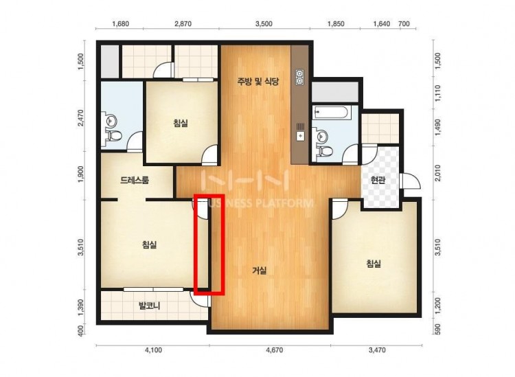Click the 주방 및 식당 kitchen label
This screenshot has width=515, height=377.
click(x=258, y=81)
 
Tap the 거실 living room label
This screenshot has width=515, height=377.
click(x=260, y=271)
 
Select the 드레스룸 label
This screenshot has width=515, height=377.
click(x=135, y=180)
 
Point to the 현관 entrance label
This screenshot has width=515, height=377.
click(x=378, y=180)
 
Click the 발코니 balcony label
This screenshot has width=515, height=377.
click(x=150, y=306)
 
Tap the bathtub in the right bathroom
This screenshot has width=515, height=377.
click(x=331, y=113)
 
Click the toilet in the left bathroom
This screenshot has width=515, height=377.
click(x=114, y=135)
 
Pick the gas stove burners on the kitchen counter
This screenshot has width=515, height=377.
click(x=299, y=78)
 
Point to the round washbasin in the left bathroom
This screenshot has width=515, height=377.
click(x=112, y=120)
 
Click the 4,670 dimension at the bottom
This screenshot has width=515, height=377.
click(x=274, y=350)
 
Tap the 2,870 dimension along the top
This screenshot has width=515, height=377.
click(x=183, y=23)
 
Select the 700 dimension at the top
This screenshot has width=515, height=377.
click(x=404, y=23)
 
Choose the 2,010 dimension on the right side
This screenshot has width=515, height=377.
click(x=437, y=173)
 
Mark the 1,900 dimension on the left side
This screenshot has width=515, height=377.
click(x=81, y=174)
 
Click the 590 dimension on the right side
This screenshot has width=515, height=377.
click(x=437, y=328)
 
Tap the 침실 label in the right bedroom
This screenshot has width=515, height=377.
click(x=374, y=264)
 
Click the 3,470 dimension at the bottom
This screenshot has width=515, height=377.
click(x=377, y=350)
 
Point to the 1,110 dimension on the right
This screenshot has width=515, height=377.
click(x=437, y=93)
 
